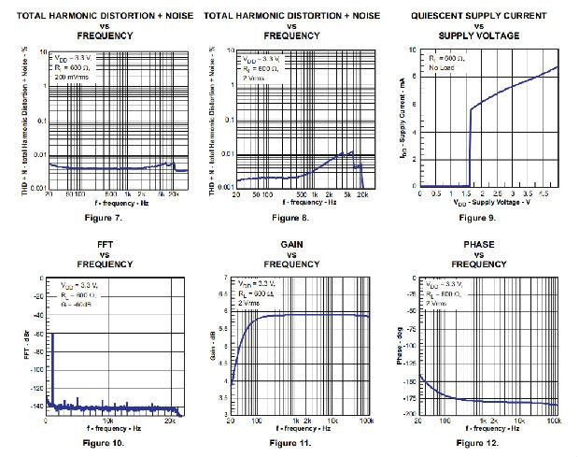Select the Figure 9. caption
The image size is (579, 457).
477,218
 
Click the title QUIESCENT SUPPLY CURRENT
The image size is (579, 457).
477,15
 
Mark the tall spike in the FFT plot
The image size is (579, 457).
52,369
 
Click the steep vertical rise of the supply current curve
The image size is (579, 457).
470,145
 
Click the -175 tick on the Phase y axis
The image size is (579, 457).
408,395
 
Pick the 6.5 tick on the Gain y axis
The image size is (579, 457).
222,295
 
